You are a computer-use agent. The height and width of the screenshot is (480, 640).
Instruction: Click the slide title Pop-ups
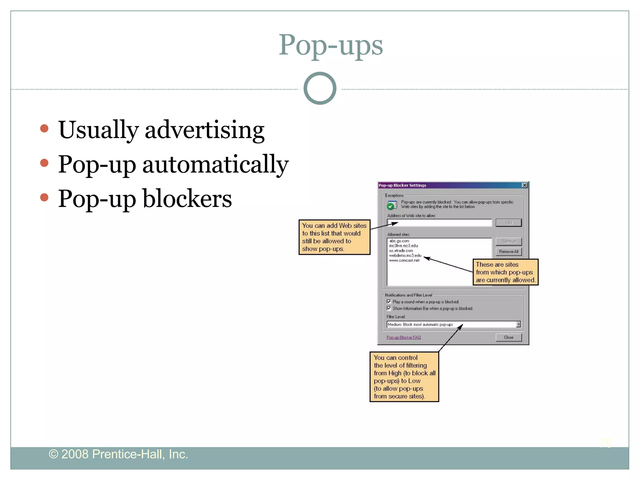(x=330, y=45)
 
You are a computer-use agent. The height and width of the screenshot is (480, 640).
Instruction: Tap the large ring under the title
(x=320, y=88)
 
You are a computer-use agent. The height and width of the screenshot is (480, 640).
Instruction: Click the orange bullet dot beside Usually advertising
(x=44, y=128)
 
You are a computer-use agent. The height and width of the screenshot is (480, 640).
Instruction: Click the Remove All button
(x=508, y=252)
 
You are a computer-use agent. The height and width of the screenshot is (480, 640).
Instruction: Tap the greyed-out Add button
(x=508, y=223)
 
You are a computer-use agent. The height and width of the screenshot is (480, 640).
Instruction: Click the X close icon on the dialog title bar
(x=525, y=185)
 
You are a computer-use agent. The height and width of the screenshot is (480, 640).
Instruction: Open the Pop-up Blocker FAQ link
(x=403, y=337)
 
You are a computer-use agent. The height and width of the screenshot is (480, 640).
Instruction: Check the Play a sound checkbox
(x=389, y=302)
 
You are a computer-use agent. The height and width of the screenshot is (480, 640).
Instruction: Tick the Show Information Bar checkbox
(x=389, y=308)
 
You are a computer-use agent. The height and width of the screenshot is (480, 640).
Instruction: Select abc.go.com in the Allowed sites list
(x=399, y=241)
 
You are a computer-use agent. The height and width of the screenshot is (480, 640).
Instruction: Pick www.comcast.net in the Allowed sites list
(x=404, y=260)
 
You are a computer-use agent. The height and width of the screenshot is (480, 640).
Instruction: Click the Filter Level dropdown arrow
(x=518, y=324)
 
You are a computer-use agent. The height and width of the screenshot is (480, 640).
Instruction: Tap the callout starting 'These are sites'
(x=505, y=272)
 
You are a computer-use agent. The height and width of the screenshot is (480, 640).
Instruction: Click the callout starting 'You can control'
(x=404, y=377)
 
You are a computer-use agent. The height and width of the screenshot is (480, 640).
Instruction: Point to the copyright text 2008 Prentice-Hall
(x=118, y=454)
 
